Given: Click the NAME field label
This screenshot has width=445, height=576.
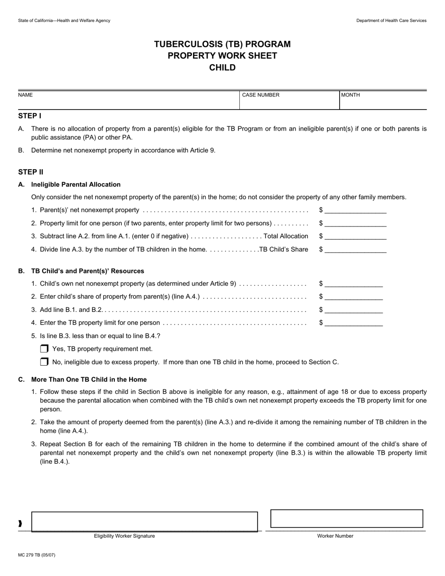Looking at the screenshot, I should [x=25, y=95].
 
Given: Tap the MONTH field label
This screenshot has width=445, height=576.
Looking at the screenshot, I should [x=350, y=95].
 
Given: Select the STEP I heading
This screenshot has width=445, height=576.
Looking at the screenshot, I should [x=30, y=116].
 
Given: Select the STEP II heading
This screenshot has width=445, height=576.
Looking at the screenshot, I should [x=31, y=172].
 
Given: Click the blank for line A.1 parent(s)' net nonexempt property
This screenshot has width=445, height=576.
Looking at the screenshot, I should [x=355, y=210].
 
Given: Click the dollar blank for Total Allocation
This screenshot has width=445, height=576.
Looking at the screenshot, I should [x=355, y=236].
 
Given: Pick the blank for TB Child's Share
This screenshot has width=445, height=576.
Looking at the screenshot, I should [x=355, y=250].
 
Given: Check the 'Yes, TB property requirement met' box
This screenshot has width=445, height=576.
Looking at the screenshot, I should [x=44, y=349].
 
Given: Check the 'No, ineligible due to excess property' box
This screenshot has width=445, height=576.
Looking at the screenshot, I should [x=44, y=362].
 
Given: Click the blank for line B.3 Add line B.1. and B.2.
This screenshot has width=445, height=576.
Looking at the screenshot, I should [x=353, y=310].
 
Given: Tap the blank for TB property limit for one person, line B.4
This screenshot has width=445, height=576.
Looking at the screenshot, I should [x=353, y=323].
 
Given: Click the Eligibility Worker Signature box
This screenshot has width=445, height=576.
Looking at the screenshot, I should [x=144, y=521].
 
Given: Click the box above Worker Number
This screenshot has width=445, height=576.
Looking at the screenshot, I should [x=347, y=519].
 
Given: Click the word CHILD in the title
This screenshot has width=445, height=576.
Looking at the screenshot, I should [x=222, y=67].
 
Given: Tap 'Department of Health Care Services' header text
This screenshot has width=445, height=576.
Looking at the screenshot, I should [x=391, y=21].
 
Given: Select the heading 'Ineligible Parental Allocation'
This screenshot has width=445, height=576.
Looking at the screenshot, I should [x=76, y=185].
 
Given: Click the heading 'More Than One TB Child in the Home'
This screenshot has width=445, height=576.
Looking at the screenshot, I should [x=89, y=380].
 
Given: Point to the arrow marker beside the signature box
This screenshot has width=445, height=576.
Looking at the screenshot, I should [x=20, y=524].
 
